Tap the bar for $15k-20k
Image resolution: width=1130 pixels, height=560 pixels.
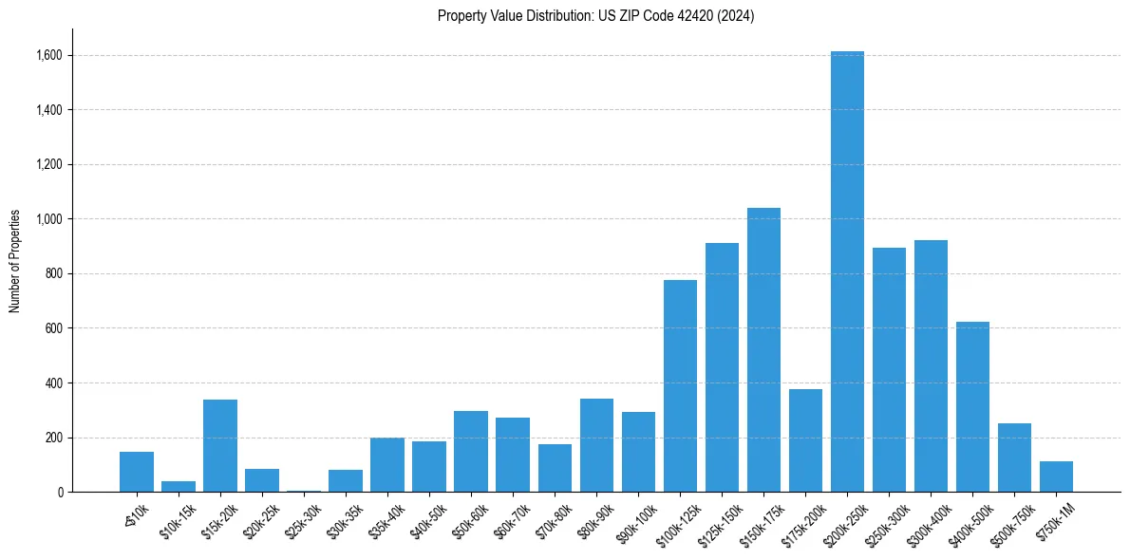pyautogui.click(x=220, y=446)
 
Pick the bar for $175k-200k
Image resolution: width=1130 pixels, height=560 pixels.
pyautogui.click(x=805, y=440)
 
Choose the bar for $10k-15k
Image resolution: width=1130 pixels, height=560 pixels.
pyautogui.click(x=179, y=487)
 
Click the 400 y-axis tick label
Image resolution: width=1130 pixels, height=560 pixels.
pyautogui.click(x=55, y=383)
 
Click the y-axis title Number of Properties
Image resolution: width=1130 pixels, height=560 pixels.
pyautogui.click(x=14, y=261)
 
